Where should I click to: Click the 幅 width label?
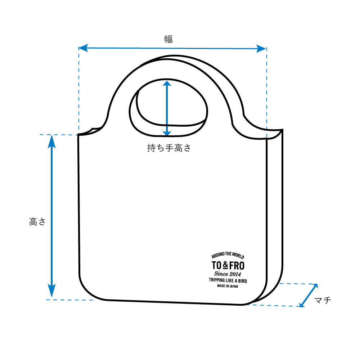pos(168,39)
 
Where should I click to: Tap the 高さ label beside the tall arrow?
pos(37,222)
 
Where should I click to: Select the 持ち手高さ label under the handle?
pos(169,148)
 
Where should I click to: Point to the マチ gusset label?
pos(323,300)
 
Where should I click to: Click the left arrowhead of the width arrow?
pos(83,48)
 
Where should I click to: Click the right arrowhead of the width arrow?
pos(261,49)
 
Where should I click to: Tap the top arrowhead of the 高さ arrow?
pos(51,141)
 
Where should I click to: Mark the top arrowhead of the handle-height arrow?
pos(167,83)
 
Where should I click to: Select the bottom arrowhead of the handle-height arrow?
pos(167,134)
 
